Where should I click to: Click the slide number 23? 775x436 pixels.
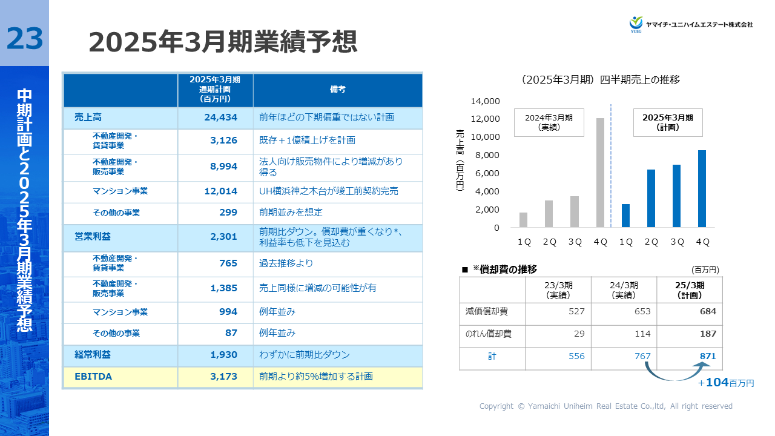click(25, 39)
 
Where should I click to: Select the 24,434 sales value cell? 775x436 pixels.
click(220, 117)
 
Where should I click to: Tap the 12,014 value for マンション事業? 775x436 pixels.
click(220, 191)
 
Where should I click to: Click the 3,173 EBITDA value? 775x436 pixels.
click(224, 377)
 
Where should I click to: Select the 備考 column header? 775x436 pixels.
click(337, 90)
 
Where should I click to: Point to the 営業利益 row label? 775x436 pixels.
click(84, 237)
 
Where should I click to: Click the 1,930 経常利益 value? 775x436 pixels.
click(224, 355)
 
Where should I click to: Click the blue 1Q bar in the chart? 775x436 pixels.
click(625, 216)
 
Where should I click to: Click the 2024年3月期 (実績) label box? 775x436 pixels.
click(549, 122)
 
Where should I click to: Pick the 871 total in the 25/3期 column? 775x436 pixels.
click(707, 357)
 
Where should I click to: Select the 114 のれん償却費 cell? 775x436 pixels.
click(642, 334)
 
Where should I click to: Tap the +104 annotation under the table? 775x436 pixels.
click(725, 383)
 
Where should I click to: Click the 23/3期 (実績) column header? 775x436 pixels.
click(558, 290)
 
